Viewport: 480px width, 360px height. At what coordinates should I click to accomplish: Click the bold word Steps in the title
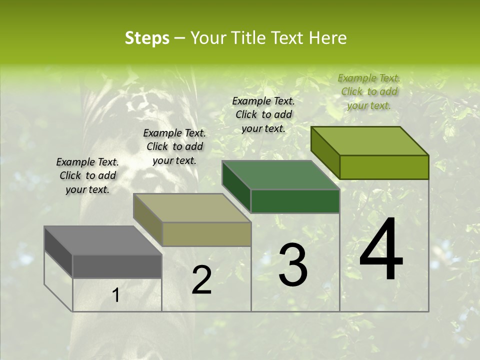[x=147, y=38]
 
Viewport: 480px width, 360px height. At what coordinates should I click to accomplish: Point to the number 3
[x=293, y=265]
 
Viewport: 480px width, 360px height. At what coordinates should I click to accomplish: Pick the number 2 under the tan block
[x=201, y=280]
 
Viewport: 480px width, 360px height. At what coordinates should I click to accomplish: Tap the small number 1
[x=115, y=295]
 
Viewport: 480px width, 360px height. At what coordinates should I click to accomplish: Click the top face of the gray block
[x=102, y=240]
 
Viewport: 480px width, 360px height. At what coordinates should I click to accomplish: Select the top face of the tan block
[x=192, y=208]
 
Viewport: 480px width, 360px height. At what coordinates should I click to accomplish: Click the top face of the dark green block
[x=280, y=175]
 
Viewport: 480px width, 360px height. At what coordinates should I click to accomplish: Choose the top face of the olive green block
[x=369, y=141]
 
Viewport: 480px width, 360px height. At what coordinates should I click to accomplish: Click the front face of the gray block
[x=117, y=266]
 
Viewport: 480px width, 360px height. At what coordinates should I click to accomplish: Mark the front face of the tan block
[x=206, y=234]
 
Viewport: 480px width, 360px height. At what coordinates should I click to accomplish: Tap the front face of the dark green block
[x=295, y=201]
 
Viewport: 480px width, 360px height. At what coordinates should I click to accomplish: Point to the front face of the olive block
[x=384, y=167]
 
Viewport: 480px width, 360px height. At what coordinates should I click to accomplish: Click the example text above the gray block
[x=87, y=175]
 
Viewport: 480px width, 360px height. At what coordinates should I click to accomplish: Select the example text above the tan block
[x=174, y=146]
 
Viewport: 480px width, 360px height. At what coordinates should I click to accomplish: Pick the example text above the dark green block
[x=263, y=114]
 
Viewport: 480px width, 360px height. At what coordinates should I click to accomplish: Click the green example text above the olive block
[x=369, y=91]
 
